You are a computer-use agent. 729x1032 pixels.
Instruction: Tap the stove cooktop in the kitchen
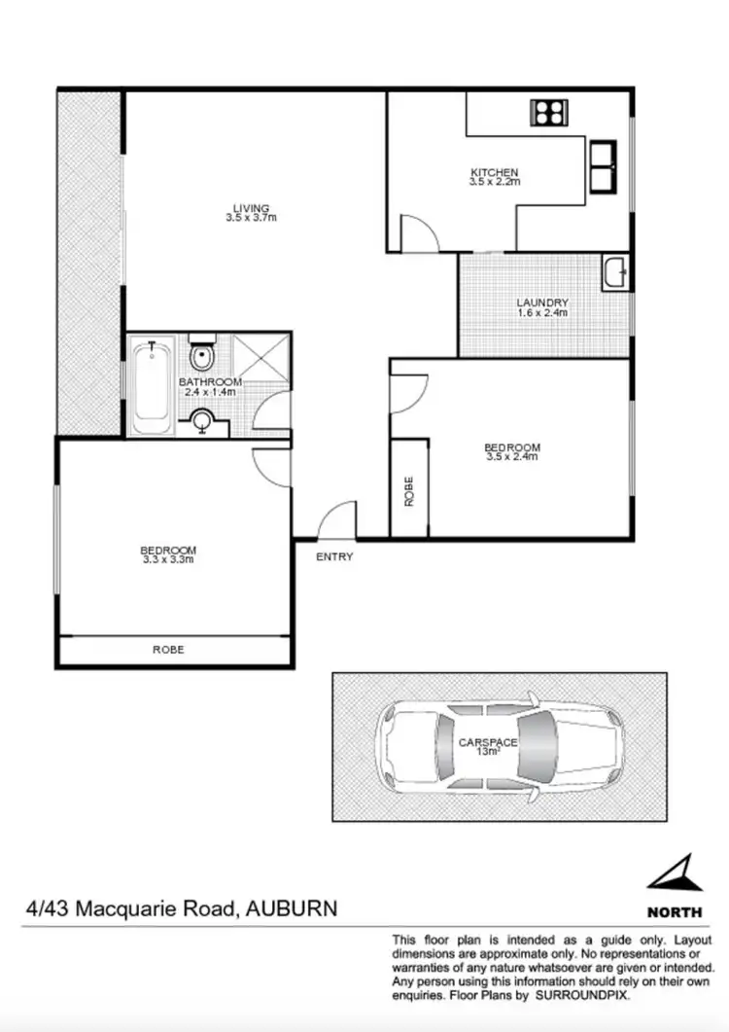click(546, 112)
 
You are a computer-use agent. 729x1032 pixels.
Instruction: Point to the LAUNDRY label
click(542, 302)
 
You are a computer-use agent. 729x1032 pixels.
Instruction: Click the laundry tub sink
click(615, 271)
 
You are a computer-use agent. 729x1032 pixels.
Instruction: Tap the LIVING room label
click(251, 207)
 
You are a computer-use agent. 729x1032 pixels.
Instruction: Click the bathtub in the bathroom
click(152, 387)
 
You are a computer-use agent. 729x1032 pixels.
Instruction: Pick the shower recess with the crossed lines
click(261, 356)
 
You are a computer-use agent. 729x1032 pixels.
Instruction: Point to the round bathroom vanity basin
click(202, 420)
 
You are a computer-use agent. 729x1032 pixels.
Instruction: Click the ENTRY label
click(334, 557)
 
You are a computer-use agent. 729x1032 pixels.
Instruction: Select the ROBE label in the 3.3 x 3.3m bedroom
click(168, 649)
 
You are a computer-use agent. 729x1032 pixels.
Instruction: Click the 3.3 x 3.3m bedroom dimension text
click(168, 559)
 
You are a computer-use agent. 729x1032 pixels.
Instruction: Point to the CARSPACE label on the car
click(487, 742)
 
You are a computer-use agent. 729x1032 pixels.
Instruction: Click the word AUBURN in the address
click(292, 909)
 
